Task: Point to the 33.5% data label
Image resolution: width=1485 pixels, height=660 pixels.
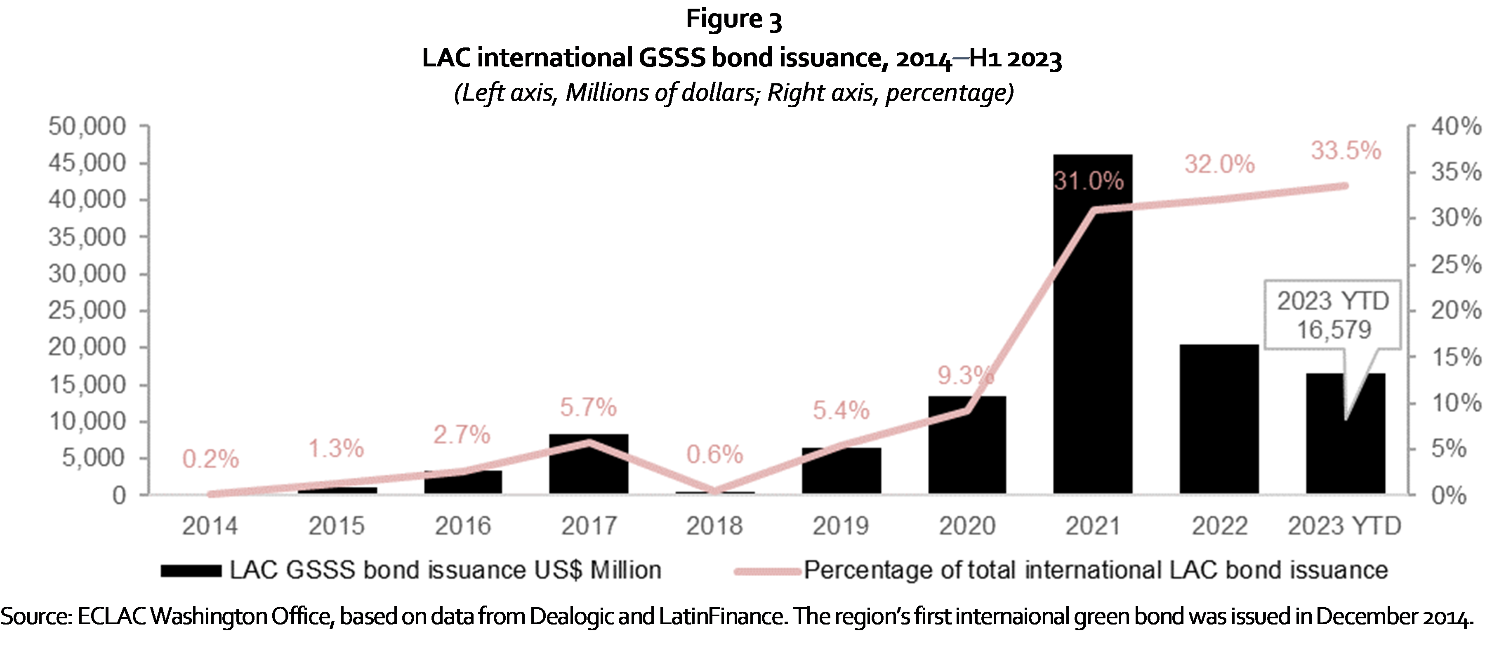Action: (x=1346, y=151)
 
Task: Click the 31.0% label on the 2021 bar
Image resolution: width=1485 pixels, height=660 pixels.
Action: (x=1089, y=181)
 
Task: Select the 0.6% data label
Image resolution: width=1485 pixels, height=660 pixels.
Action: (x=714, y=455)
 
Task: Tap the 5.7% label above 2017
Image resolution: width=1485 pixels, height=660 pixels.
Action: (x=588, y=408)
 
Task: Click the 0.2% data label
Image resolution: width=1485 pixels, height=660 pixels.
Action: (x=210, y=460)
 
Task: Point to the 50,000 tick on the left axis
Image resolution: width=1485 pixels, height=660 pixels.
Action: (x=87, y=126)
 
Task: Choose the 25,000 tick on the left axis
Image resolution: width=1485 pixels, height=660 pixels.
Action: (x=87, y=311)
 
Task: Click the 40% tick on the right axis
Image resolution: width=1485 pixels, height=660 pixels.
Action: (x=1455, y=126)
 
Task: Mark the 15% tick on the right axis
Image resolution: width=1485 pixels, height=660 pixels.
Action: (x=1455, y=357)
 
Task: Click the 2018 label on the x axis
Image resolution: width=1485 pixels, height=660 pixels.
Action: (x=714, y=526)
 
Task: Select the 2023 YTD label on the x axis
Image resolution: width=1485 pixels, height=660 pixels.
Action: (x=1344, y=526)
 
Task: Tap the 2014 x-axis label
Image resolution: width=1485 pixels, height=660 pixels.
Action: (x=210, y=526)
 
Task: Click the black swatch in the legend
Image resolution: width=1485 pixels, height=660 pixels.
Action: (x=191, y=570)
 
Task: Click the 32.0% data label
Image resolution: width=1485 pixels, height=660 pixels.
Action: (x=1219, y=165)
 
